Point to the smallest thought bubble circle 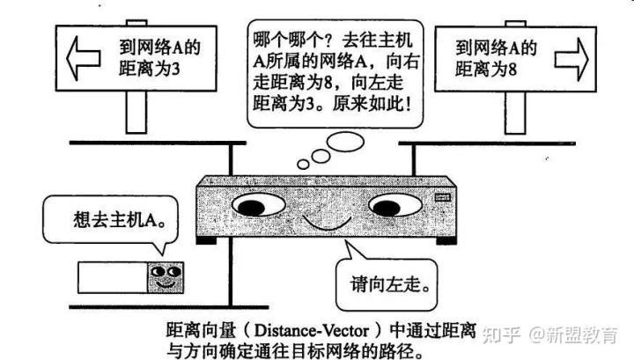pyautogui.click(x=303, y=163)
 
